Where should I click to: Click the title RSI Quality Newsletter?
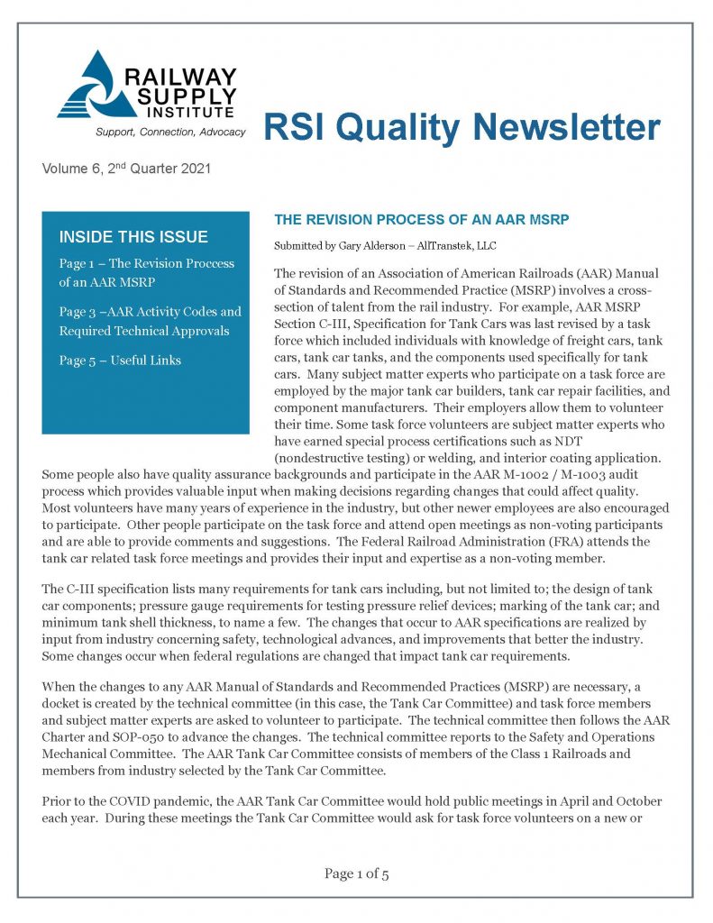462,128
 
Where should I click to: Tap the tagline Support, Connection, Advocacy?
158,133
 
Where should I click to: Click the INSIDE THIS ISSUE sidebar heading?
133,238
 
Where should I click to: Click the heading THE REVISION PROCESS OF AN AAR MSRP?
422,220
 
